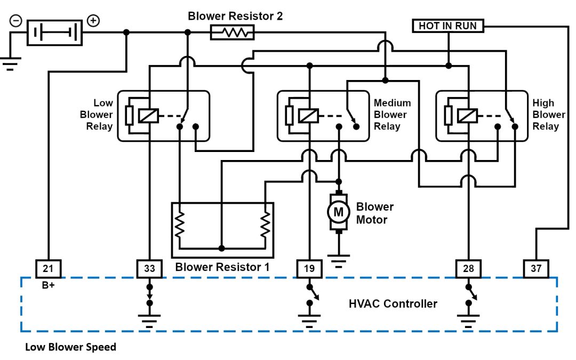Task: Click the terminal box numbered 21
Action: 48,269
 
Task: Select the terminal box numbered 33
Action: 149,269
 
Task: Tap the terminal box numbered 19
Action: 309,269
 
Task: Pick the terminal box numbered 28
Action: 468,269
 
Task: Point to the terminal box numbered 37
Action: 535,269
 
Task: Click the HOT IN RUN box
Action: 447,26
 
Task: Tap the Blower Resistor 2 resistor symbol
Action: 232,33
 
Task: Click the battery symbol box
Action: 55,33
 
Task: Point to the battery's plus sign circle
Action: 93,21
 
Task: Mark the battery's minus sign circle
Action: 16,21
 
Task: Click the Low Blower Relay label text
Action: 97,115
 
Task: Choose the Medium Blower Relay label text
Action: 392,115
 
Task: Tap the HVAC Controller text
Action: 393,304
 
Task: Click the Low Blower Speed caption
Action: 70,347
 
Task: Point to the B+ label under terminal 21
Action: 49,285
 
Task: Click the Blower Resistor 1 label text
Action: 221,267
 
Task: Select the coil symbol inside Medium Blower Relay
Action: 308,115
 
